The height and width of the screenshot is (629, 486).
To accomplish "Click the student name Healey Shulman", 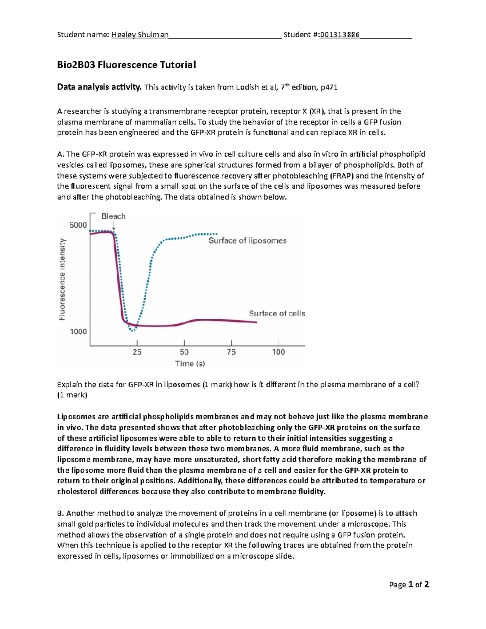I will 140,35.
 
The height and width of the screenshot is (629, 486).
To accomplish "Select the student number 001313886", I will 339,35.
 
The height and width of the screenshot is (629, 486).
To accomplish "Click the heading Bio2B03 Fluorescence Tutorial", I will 126,65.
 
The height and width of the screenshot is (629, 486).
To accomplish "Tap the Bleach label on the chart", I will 113,216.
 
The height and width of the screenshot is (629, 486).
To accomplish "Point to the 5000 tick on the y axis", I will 78,225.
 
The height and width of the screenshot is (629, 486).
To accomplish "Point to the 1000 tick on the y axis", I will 79,332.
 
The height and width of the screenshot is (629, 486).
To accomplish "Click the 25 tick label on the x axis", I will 137,352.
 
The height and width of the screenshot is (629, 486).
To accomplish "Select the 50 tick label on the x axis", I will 184,352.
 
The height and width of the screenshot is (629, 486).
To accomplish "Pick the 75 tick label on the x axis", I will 231,352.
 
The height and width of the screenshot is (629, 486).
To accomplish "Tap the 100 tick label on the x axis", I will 278,352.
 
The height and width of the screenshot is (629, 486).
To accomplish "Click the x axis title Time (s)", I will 190,364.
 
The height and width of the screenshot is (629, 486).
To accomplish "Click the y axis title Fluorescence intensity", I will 62,279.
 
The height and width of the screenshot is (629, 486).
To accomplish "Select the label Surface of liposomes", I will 247,241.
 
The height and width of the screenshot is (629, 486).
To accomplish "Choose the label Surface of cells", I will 277,313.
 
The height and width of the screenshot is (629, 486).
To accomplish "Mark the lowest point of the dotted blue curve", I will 132,331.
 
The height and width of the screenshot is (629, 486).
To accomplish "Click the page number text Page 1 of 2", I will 409,584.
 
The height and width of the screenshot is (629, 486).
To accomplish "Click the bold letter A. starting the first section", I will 61,154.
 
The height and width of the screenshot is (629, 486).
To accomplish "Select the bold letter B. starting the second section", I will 61,513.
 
